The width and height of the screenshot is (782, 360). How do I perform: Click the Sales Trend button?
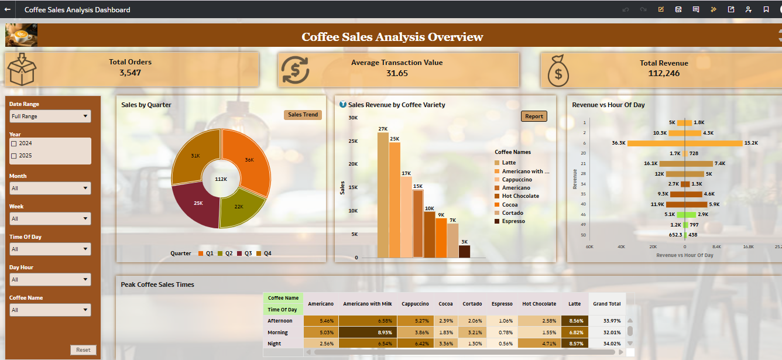(x=303, y=115)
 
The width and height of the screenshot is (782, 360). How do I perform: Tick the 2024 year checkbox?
(x=14, y=143)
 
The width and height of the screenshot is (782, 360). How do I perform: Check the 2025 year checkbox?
(x=14, y=156)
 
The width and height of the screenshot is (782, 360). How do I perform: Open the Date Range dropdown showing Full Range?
(x=50, y=116)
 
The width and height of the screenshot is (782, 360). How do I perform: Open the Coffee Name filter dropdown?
(x=50, y=310)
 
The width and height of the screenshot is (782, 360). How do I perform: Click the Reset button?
(x=83, y=350)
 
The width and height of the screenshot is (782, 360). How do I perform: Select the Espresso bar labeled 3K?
(x=464, y=251)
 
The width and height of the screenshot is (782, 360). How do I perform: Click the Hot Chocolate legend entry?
(x=520, y=196)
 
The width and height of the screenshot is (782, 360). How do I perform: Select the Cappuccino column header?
(x=415, y=304)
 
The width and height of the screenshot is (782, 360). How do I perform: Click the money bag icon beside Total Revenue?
(x=559, y=70)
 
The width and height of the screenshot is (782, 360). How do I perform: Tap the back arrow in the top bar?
(x=8, y=9)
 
